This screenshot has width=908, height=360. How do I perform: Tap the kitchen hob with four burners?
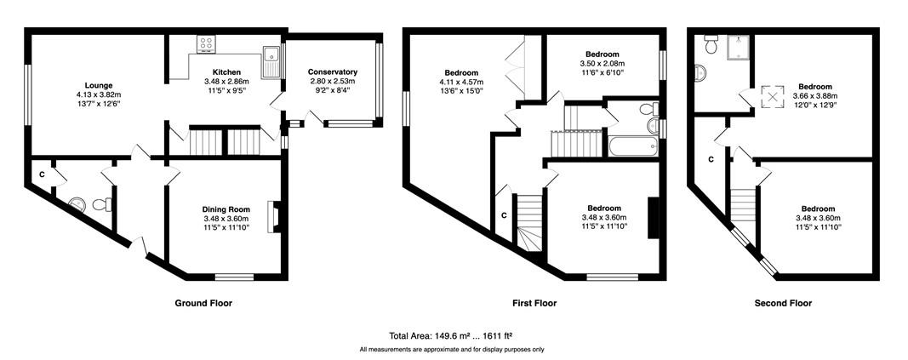click(x=205, y=44)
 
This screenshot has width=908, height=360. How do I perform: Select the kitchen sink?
click(x=271, y=62)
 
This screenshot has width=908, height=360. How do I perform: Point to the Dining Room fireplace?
click(x=272, y=217)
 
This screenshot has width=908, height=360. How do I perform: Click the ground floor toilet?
click(x=102, y=204)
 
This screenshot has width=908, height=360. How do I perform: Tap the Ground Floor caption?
click(x=203, y=303)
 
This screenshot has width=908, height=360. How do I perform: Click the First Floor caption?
click(x=534, y=303)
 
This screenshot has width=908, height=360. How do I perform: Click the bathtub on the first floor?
click(x=633, y=146)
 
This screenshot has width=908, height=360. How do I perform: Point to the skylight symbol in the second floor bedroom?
click(x=772, y=97)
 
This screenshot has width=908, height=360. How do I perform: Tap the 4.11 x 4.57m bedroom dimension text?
click(x=461, y=82)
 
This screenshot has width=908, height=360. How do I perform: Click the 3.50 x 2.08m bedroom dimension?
click(x=602, y=63)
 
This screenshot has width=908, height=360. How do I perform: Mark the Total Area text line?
click(x=452, y=335)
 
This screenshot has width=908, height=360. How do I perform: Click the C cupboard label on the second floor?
click(x=711, y=159)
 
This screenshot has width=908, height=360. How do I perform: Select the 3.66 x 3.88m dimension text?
click(x=815, y=96)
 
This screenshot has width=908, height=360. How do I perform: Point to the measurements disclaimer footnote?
click(x=452, y=350)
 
